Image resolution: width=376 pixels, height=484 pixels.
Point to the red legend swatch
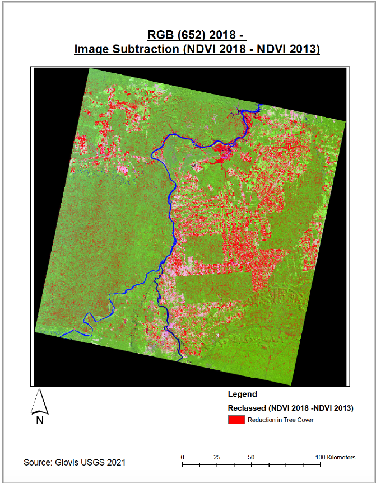pos(235,420)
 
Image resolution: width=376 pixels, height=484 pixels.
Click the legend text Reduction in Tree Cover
pos(280,420)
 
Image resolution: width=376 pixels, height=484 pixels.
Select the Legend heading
pos(242,394)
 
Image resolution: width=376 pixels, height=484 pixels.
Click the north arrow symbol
pos(39,402)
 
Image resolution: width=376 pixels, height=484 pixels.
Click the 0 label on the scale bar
pos(183,457)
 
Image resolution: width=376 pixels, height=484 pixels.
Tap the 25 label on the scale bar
pos(217,457)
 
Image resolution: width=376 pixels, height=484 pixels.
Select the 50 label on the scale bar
pos(252,457)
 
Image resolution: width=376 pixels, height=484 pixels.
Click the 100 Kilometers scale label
pos(335,457)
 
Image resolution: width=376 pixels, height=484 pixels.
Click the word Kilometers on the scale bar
pos(340,457)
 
